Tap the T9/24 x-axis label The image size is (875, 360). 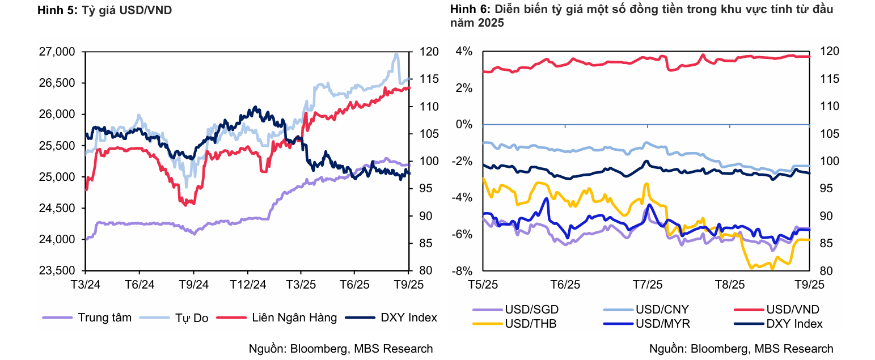(x=194, y=284)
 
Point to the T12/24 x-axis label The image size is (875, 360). (x=248, y=284)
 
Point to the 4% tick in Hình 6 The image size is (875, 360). (x=464, y=52)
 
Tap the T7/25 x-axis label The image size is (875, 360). (x=647, y=284)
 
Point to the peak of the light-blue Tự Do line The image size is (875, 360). (x=396, y=54)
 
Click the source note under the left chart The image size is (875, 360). (x=341, y=349)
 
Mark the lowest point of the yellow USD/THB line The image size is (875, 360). (x=751, y=268)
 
